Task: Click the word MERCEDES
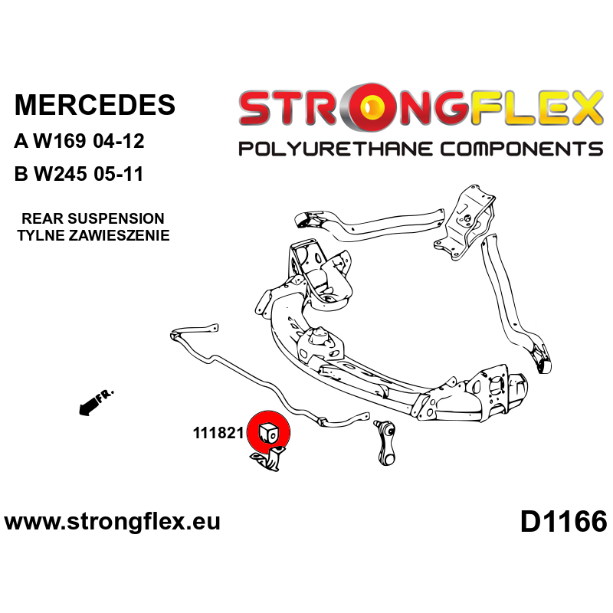(x=95, y=105)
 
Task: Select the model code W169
(x=60, y=141)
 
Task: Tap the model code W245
(x=61, y=174)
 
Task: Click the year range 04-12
(x=119, y=141)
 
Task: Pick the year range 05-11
(x=119, y=174)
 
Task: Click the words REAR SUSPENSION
(x=93, y=218)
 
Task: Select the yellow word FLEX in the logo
(x=536, y=107)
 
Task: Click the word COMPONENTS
(x=522, y=149)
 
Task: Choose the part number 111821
(x=218, y=433)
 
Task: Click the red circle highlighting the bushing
(x=269, y=433)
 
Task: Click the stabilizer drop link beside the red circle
(x=385, y=442)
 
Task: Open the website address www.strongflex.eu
(x=112, y=522)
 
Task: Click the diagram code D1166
(x=563, y=522)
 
